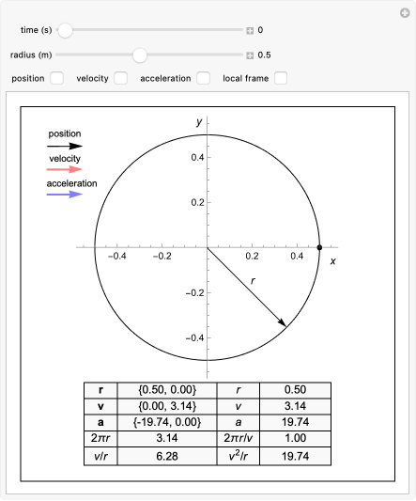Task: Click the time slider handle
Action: coord(65,30)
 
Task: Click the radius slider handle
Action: coord(140,55)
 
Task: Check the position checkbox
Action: coord(57,78)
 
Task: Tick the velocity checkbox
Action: coord(120,78)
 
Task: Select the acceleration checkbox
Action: coord(203,78)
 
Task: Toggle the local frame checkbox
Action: coord(281,78)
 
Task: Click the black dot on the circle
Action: coord(320,247)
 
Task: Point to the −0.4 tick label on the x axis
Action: coord(116,256)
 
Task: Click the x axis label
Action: coord(332,260)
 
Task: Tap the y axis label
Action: coord(199,122)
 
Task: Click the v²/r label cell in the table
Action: coord(239,458)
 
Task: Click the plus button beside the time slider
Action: coord(250,30)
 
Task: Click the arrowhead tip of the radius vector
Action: coord(285,326)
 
